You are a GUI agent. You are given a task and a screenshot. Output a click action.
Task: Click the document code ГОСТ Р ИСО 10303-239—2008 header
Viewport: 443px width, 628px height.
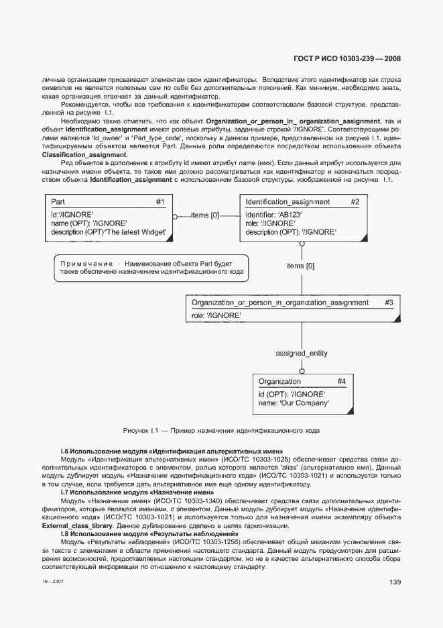pyautogui.click(x=348, y=58)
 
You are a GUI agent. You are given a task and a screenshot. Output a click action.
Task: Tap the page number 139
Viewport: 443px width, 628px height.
pyautogui.click(x=394, y=582)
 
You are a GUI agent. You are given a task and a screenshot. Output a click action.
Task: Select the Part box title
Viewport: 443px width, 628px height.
pyautogui.click(x=58, y=202)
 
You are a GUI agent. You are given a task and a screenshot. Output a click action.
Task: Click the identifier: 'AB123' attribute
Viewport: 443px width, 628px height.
pyautogui.click(x=274, y=214)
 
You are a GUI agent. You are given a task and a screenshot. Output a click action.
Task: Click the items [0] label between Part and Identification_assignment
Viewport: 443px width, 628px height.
pyautogui.click(x=205, y=215)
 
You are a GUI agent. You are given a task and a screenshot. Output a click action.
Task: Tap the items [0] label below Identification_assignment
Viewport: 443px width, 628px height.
pyautogui.click(x=300, y=266)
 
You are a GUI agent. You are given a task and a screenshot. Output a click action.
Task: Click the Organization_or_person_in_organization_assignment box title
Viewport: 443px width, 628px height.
pyautogui.click(x=279, y=303)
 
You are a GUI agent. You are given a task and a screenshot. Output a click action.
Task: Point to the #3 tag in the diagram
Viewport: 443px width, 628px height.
pyautogui.click(x=389, y=303)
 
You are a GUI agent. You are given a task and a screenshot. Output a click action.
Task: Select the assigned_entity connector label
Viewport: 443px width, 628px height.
pyautogui.click(x=302, y=353)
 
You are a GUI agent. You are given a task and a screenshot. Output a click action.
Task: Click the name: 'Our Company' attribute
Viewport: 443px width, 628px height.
pyautogui.click(x=294, y=403)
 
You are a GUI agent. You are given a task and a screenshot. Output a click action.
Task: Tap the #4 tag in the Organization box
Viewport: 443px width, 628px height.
pyautogui.click(x=341, y=382)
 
